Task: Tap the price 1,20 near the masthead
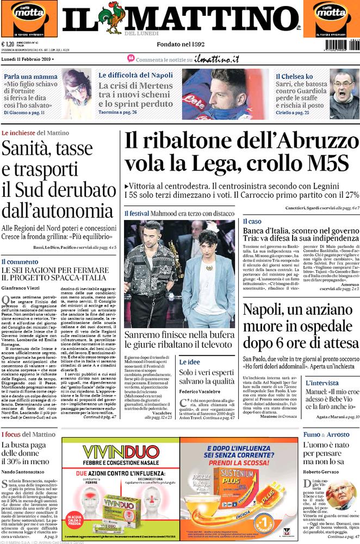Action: [x=9, y=45]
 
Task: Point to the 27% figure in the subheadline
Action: [x=351, y=194]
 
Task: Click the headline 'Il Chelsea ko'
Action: [x=294, y=77]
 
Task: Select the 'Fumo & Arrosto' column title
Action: [x=326, y=434]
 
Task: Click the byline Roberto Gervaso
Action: [x=321, y=471]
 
